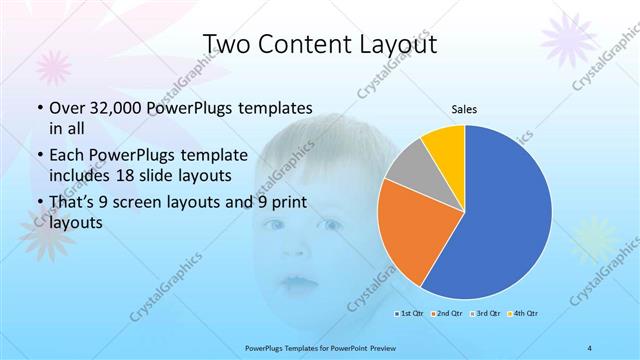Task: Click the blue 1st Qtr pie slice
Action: click(x=510, y=215)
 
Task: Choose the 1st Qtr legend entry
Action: click(x=407, y=314)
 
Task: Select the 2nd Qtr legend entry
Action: click(x=445, y=314)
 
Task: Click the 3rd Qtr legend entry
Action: click(x=484, y=314)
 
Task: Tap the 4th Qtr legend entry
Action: click(x=523, y=314)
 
